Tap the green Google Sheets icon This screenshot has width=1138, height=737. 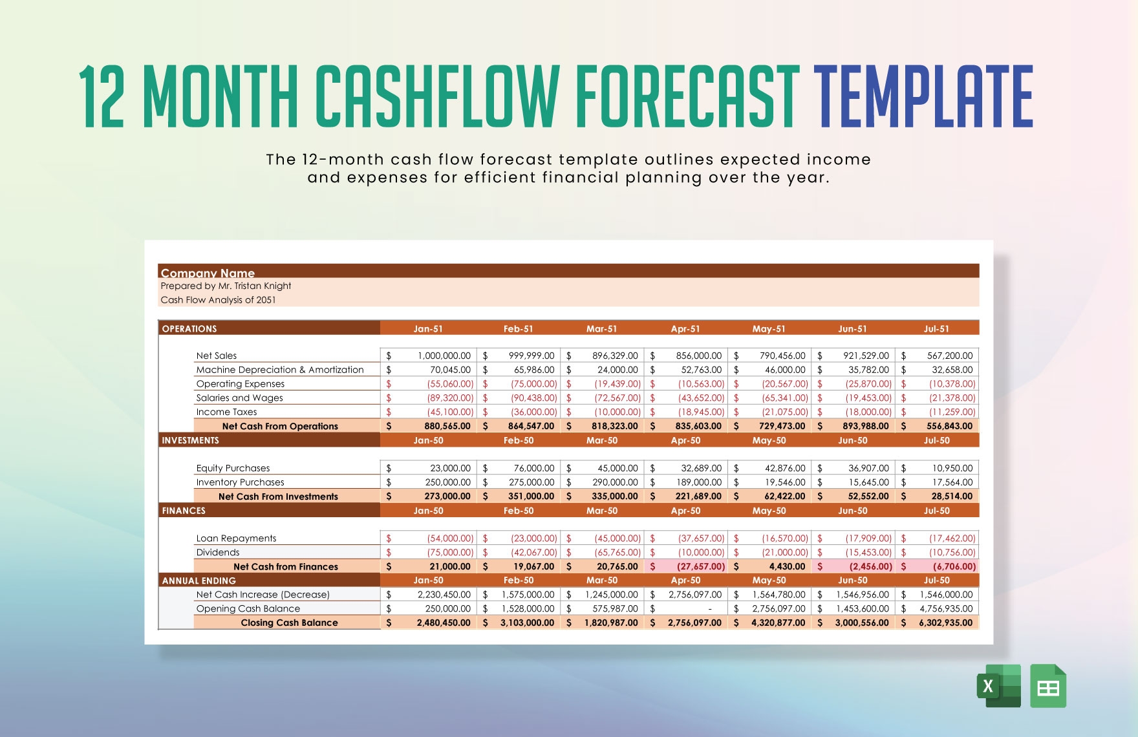[1047, 686]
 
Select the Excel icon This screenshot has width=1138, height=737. [998, 686]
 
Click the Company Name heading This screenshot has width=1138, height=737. [208, 273]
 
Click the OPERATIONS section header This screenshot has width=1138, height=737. [189, 328]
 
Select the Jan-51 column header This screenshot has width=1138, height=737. [428, 328]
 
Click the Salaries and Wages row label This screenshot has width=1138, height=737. [239, 398]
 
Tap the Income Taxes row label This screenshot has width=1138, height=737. [226, 412]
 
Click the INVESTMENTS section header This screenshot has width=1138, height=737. [190, 440]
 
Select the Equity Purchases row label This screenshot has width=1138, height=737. [233, 468]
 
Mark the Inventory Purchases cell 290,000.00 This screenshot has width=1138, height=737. [614, 482]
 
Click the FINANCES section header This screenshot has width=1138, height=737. [184, 511]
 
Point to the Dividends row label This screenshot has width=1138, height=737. [218, 552]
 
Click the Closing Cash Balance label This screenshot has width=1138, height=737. [289, 623]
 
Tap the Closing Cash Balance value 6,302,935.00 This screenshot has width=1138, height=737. [945, 623]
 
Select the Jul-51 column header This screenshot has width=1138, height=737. [936, 328]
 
